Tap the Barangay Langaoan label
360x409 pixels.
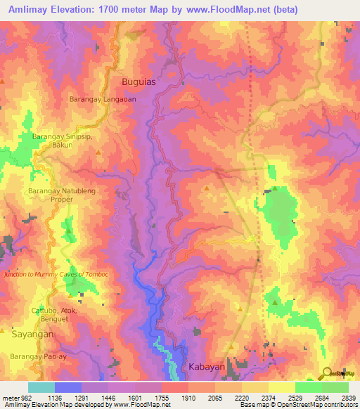click(x=103, y=100)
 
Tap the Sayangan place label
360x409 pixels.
click(x=34, y=337)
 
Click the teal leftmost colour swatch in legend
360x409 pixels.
click(x=41, y=387)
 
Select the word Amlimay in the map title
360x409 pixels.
click(x=32, y=10)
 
